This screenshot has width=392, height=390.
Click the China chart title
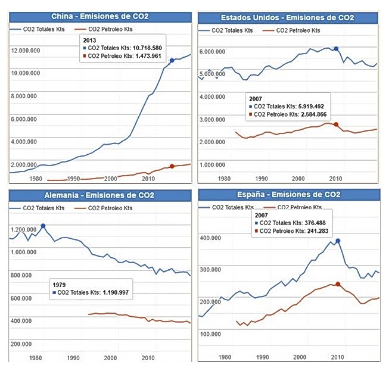(99, 16)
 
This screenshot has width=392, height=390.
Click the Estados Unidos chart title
(288, 18)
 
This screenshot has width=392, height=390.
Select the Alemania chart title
(99, 196)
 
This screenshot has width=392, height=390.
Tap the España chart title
(289, 195)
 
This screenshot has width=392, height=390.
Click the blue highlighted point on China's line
(172, 60)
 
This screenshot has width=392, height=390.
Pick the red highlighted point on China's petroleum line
(172, 166)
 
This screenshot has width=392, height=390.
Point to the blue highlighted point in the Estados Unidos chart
(336, 49)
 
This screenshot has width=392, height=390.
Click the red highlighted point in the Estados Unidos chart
(336, 124)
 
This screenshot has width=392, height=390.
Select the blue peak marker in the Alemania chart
(43, 226)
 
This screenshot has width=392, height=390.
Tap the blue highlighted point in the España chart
(338, 241)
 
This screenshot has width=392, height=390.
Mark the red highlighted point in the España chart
(338, 284)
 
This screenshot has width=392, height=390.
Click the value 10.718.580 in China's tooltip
(145, 47)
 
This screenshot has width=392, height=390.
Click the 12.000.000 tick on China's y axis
(26, 51)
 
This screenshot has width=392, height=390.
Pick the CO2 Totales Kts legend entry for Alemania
(44, 208)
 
